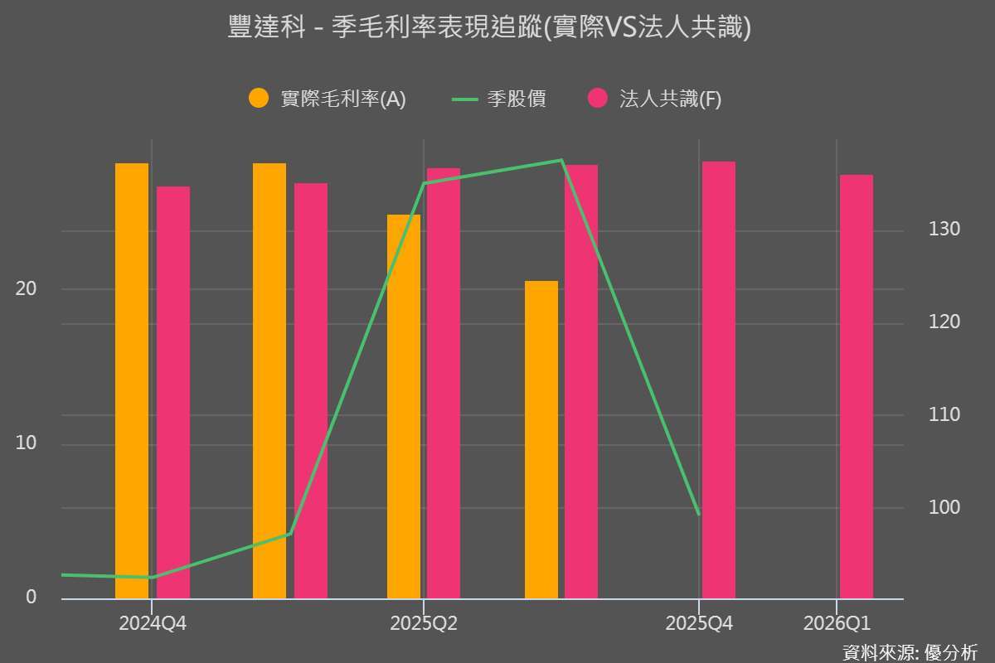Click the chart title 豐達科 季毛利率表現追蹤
click(489, 28)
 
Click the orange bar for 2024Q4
click(132, 381)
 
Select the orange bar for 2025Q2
click(404, 406)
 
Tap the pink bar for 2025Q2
click(444, 383)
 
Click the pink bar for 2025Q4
click(718, 380)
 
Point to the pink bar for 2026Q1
click(856, 386)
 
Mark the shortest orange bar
click(541, 439)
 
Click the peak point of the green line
click(561, 160)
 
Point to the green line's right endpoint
click(699, 514)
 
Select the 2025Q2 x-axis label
click(424, 623)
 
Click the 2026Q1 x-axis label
click(837, 623)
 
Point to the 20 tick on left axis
click(27, 289)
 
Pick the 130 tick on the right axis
click(944, 230)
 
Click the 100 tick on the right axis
click(944, 507)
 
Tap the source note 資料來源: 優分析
click(909, 651)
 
